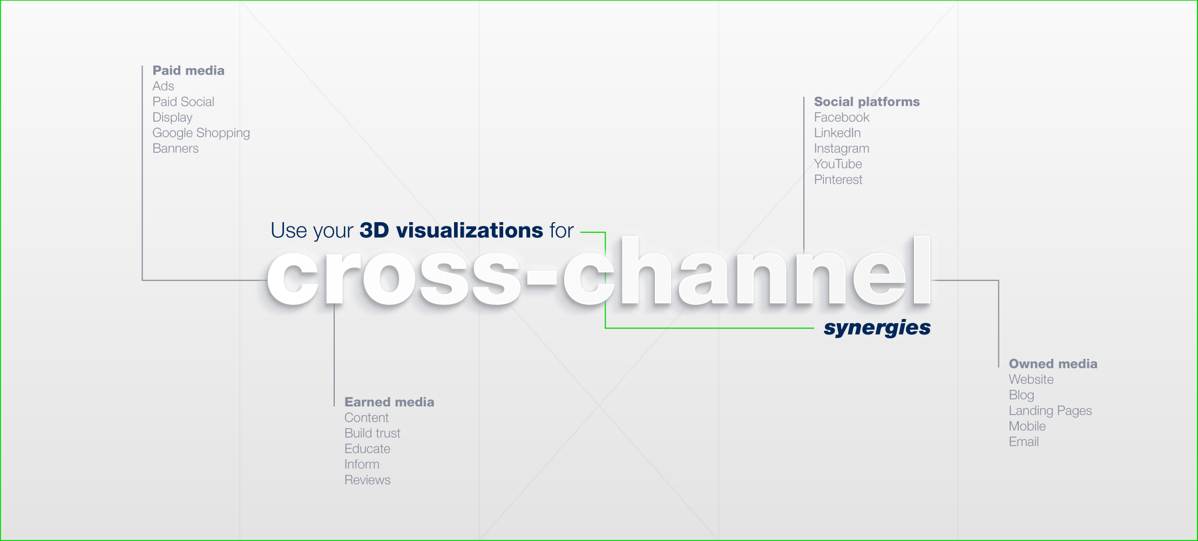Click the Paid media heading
click(x=188, y=71)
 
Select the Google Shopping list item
click(x=201, y=133)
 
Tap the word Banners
click(x=175, y=149)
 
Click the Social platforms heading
click(x=867, y=102)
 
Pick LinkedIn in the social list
click(x=837, y=133)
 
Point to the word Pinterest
click(x=838, y=180)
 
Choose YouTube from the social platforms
click(x=838, y=164)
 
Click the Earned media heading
click(x=389, y=402)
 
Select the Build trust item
click(x=373, y=433)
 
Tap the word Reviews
click(x=368, y=480)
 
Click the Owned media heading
click(x=1053, y=364)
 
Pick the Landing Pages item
click(x=1051, y=411)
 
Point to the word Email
click(x=1024, y=442)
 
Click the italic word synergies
click(x=877, y=328)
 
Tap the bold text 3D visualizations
click(x=451, y=231)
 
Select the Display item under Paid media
click(x=173, y=118)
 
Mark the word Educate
click(x=367, y=449)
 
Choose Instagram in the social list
click(x=842, y=149)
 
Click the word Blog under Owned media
click(x=1021, y=396)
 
